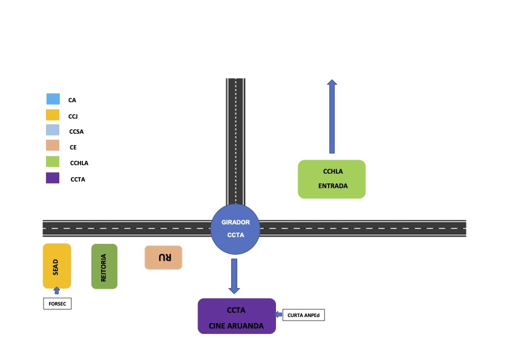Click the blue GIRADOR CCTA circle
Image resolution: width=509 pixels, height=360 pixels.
click(235, 229)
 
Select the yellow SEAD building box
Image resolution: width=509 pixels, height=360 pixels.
click(57, 266)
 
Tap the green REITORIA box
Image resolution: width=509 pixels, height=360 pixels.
click(104, 266)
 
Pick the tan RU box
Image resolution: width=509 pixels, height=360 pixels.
click(163, 257)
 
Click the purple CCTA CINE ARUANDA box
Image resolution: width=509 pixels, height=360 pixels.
click(237, 316)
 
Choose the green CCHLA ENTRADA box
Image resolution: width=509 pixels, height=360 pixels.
click(332, 179)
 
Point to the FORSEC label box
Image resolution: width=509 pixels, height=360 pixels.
click(57, 304)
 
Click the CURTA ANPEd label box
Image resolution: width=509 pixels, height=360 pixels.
click(303, 315)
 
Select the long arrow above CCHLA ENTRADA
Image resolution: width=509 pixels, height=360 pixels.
click(332, 116)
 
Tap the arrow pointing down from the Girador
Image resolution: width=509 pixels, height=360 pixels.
click(234, 276)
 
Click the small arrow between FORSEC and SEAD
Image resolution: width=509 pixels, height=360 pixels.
click(57, 290)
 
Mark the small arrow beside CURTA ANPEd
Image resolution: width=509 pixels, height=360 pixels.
click(278, 314)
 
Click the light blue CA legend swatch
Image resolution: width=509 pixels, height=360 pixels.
click(53, 99)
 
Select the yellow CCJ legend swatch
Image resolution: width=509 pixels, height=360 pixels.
click(53, 115)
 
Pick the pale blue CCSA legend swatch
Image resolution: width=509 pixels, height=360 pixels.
click(53, 130)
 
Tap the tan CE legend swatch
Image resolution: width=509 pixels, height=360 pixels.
click(53, 145)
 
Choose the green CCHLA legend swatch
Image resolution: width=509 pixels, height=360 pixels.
click(53, 162)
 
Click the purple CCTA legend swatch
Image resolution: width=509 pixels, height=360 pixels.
click(53, 178)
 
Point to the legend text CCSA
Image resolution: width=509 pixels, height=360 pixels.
click(76, 131)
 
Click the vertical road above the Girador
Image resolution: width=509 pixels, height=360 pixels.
click(235, 142)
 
